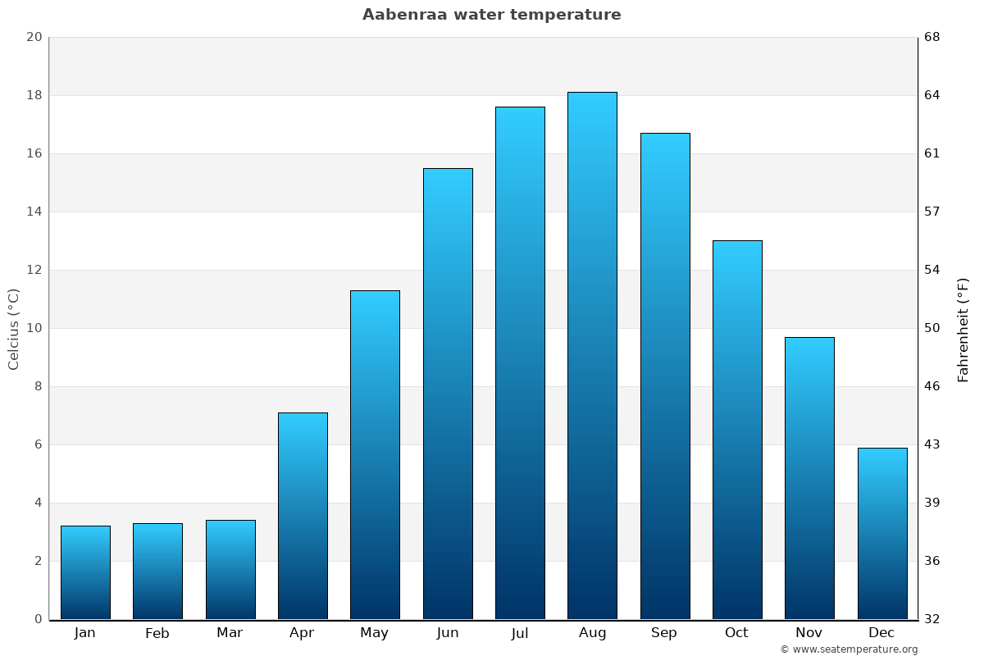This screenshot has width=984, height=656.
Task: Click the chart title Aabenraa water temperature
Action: coord(492,15)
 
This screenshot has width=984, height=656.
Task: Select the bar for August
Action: coord(592,356)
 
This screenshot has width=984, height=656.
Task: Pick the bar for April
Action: coord(303,516)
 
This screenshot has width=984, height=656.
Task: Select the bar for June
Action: coord(448,394)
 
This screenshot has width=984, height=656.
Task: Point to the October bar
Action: coord(737,430)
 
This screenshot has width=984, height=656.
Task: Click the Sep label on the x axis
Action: coord(664,633)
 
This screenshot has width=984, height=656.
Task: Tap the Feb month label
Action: coord(157,633)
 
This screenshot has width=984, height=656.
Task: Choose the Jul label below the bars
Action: coord(520,633)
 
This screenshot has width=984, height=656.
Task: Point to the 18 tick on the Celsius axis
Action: coord(34,95)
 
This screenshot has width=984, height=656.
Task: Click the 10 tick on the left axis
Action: coord(34,328)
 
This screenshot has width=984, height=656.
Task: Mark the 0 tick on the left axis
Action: coord(38,619)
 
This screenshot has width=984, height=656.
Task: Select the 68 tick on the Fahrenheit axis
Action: coord(932,37)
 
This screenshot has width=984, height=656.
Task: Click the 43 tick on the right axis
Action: coord(932,444)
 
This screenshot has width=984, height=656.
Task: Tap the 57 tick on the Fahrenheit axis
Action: coord(932,212)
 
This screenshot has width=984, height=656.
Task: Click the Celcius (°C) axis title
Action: coord(13,328)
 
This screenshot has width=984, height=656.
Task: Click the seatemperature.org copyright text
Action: coord(849,649)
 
